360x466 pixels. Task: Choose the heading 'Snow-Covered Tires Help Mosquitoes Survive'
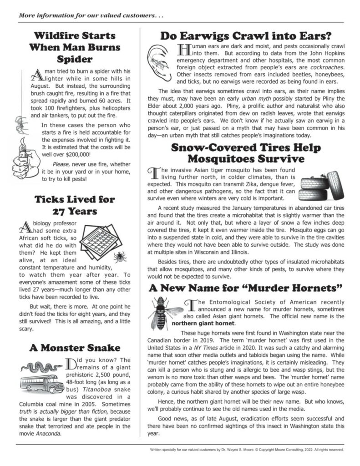tap(246, 153)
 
